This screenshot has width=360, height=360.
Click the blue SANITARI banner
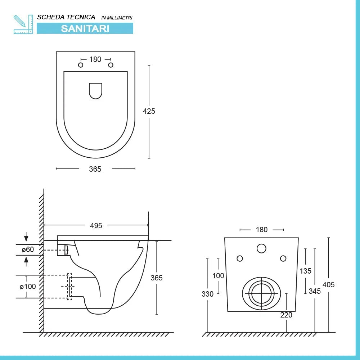pyautogui.click(x=85, y=28)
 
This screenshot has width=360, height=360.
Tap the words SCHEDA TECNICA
pyautogui.click(x=66, y=17)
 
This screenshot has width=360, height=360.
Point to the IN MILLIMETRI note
pyautogui.click(x=117, y=18)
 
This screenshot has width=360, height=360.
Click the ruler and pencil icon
pyautogui.click(x=23, y=24)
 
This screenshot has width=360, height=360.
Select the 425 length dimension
pyautogui.click(x=149, y=111)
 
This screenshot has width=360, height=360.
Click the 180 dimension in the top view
pyautogui.click(x=95, y=59)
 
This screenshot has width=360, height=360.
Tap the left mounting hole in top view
pyautogui.click(x=81, y=65)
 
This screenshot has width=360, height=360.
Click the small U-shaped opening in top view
pyautogui.click(x=95, y=90)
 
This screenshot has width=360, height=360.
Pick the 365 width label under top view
pyautogui.click(x=95, y=169)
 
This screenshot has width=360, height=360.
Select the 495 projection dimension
pyautogui.click(x=96, y=226)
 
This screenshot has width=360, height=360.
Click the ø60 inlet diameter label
pyautogui.click(x=27, y=249)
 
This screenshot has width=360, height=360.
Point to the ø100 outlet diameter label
pyautogui.click(x=27, y=287)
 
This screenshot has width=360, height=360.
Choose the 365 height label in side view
pyautogui.click(x=157, y=278)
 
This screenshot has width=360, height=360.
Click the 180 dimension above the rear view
pyautogui.click(x=262, y=230)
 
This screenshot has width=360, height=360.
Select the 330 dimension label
pyautogui.click(x=207, y=294)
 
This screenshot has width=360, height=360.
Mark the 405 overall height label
pyautogui.click(x=328, y=285)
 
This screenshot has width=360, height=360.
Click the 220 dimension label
pyautogui.click(x=286, y=315)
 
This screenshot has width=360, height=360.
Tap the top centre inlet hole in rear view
pyautogui.click(x=261, y=248)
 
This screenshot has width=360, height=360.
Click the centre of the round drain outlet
pyautogui.click(x=261, y=293)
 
